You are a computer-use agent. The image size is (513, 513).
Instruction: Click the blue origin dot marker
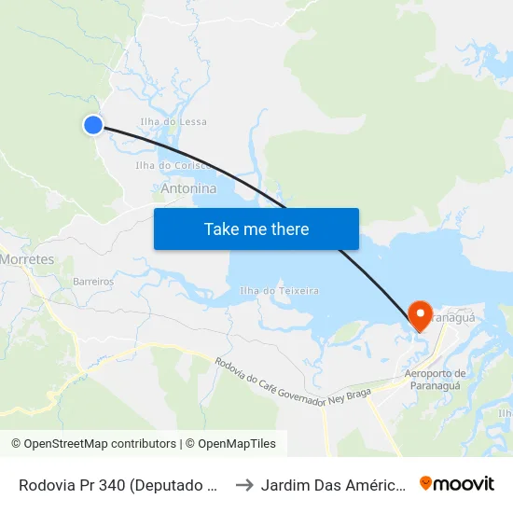(x=92, y=124)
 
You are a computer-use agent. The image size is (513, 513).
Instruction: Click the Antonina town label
(x=188, y=188)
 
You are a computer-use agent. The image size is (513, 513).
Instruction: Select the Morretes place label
(x=28, y=258)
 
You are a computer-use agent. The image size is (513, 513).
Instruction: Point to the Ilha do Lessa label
(x=173, y=122)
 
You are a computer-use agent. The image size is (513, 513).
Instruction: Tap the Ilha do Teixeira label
(x=279, y=291)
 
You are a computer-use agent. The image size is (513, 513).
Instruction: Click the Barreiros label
(x=93, y=281)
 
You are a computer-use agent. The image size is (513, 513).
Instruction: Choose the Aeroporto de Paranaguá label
(x=435, y=381)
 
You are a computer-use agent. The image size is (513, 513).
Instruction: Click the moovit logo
(x=456, y=483)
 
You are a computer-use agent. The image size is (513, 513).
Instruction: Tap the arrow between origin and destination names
(x=244, y=484)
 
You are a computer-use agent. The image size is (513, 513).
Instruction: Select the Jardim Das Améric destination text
(x=331, y=485)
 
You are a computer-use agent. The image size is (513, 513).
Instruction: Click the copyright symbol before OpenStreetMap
(x=16, y=444)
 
